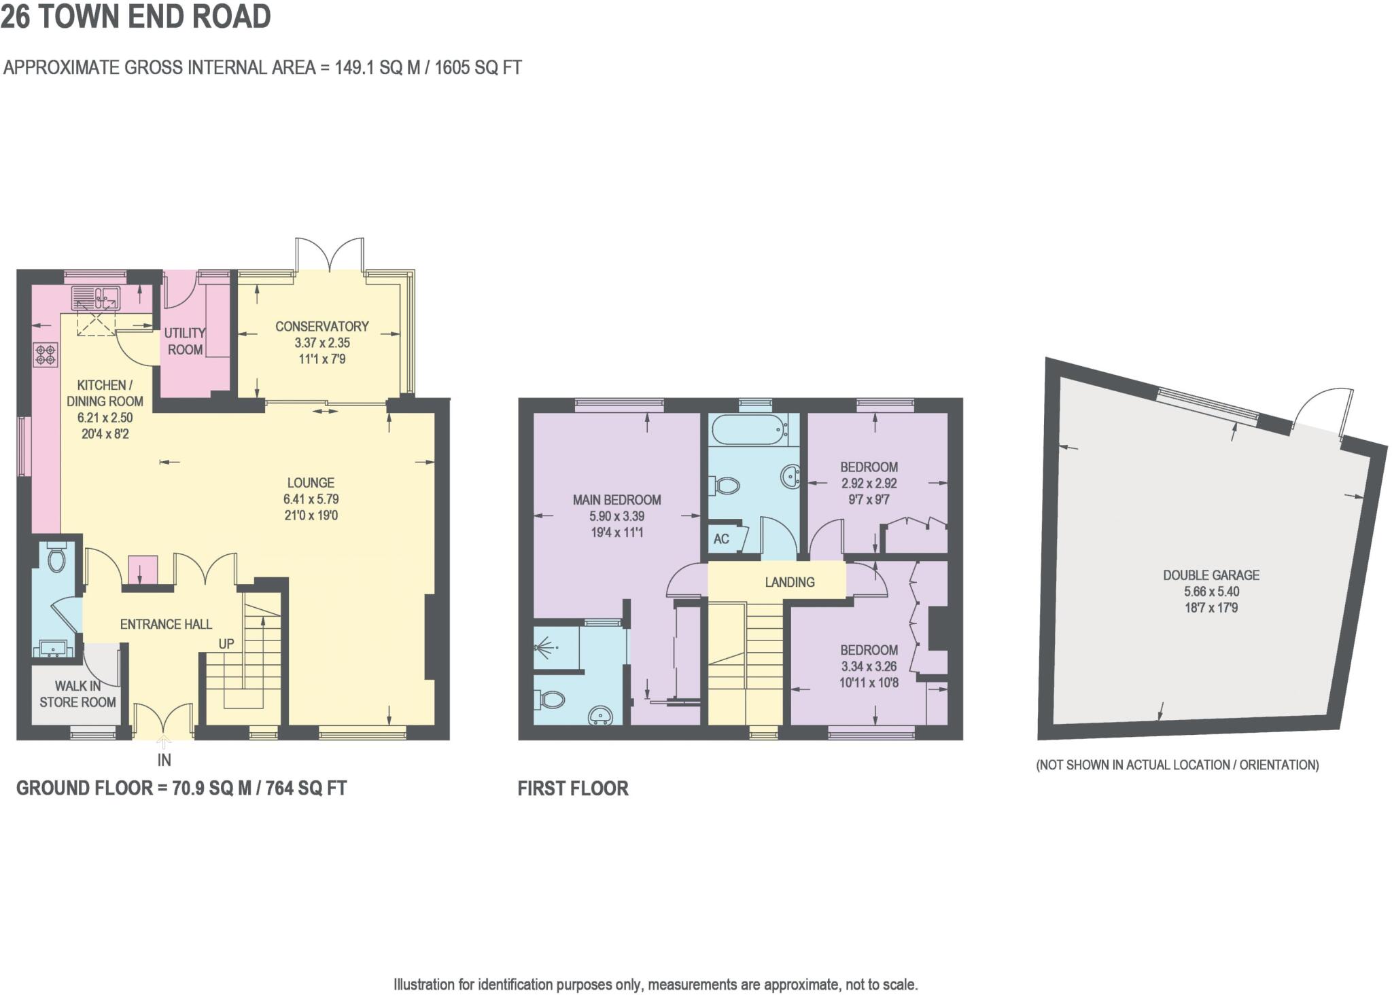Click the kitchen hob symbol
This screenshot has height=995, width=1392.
pyautogui.click(x=46, y=355)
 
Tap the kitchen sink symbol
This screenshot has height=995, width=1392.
pyautogui.click(x=96, y=298)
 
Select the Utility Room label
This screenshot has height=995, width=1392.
pyautogui.click(x=185, y=341)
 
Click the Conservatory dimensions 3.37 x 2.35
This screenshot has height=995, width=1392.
pyautogui.click(x=322, y=343)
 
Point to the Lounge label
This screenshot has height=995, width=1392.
pyautogui.click(x=311, y=483)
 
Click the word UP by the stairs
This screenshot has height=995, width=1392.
pyautogui.click(x=226, y=643)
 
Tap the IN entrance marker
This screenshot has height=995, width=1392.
pyautogui.click(x=164, y=760)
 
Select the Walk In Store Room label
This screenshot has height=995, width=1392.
pyautogui.click(x=77, y=694)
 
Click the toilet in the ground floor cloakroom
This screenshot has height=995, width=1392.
pyautogui.click(x=56, y=558)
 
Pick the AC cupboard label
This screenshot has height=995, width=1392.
pyautogui.click(x=721, y=539)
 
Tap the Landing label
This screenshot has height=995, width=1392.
pyautogui.click(x=789, y=582)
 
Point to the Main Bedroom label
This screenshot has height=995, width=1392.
pyautogui.click(x=616, y=500)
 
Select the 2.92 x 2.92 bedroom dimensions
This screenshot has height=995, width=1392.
pyautogui.click(x=869, y=484)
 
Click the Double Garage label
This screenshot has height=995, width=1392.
pyautogui.click(x=1211, y=575)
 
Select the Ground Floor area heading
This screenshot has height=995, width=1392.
pyautogui.click(x=181, y=788)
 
